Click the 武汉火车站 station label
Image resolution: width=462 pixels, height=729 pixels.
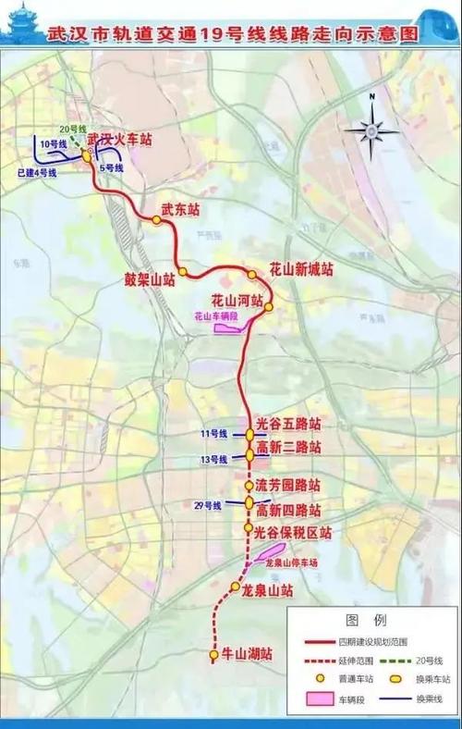(119, 140)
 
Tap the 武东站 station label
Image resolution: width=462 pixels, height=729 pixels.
(180, 210)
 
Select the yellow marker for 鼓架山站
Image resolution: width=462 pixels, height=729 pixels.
(183, 272)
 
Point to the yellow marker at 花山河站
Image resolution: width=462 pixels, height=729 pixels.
(269, 306)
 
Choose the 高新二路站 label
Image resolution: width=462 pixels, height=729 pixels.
(288, 448)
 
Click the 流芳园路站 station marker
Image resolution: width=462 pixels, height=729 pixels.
(249, 486)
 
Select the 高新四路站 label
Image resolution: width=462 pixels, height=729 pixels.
(288, 510)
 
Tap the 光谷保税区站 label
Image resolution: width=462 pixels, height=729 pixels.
(293, 533)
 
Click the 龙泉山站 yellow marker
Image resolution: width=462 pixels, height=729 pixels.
(236, 587)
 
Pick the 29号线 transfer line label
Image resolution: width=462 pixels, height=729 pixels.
(210, 506)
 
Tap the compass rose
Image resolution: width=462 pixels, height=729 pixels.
(371, 130)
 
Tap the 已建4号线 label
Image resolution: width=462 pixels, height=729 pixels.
(38, 173)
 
